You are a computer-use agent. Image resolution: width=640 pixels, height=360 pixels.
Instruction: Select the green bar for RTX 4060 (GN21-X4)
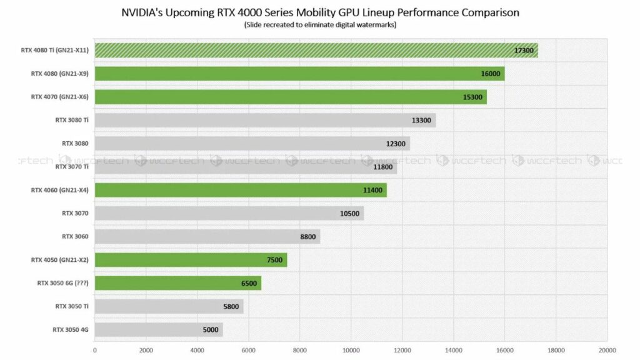pyautogui.click(x=241, y=190)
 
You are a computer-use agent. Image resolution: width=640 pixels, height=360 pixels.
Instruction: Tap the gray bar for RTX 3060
pyautogui.click(x=207, y=236)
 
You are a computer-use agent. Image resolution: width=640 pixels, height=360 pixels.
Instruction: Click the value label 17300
pyautogui.click(x=524, y=51)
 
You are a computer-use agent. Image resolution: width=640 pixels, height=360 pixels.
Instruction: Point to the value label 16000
pyautogui.click(x=491, y=74)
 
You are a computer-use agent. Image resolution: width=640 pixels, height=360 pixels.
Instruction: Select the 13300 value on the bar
pyautogui.click(x=422, y=121)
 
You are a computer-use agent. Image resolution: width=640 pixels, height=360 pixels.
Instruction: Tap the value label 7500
pyautogui.click(x=274, y=260)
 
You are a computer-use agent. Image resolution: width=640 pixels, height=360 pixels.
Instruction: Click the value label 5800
pyautogui.click(x=231, y=306)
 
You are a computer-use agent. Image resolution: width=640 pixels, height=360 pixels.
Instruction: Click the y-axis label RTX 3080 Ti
pyautogui.click(x=71, y=121)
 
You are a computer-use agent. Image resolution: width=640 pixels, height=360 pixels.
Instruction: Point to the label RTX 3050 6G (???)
pyautogui.click(x=61, y=283)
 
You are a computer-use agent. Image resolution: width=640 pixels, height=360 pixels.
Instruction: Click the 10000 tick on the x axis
pyautogui.click(x=351, y=350)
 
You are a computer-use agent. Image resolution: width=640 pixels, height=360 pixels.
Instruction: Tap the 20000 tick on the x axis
pyautogui.click(x=606, y=350)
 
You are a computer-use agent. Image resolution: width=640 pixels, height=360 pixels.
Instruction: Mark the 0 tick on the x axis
pyautogui.click(x=95, y=350)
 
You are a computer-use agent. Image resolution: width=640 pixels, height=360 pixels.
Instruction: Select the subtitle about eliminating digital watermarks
pyautogui.click(x=319, y=26)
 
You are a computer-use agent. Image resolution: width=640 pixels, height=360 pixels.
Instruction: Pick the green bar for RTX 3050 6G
pyautogui.click(x=177, y=283)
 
